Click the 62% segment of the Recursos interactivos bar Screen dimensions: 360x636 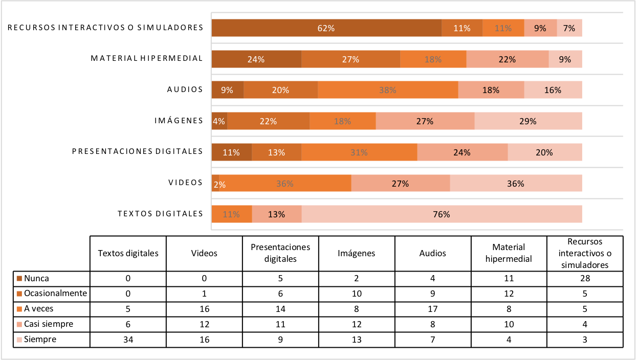click(x=326, y=29)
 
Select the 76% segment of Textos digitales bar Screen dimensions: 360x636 click(x=441, y=214)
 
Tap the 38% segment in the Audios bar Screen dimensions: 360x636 click(x=387, y=91)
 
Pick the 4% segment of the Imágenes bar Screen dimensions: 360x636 click(x=219, y=121)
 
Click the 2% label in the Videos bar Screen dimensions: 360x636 click(x=220, y=184)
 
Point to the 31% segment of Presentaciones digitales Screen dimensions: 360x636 click(x=359, y=152)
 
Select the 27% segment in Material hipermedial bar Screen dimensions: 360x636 click(x=350, y=59)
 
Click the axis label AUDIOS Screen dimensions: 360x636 click(x=185, y=89)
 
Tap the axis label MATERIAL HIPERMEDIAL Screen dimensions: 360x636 click(x=147, y=58)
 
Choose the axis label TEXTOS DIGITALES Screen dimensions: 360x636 click(x=160, y=214)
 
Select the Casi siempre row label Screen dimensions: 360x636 click(x=48, y=324)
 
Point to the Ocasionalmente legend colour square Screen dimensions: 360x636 click(x=19, y=294)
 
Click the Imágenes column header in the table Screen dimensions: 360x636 click(x=356, y=253)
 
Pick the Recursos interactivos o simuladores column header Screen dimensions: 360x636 click(x=584, y=253)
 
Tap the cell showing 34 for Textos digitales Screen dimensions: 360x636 click(x=128, y=339)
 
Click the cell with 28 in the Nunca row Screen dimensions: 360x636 click(x=584, y=279)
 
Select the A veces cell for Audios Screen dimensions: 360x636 click(x=432, y=309)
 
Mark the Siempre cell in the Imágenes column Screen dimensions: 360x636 click(x=356, y=339)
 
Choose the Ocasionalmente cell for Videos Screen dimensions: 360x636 click(x=204, y=294)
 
